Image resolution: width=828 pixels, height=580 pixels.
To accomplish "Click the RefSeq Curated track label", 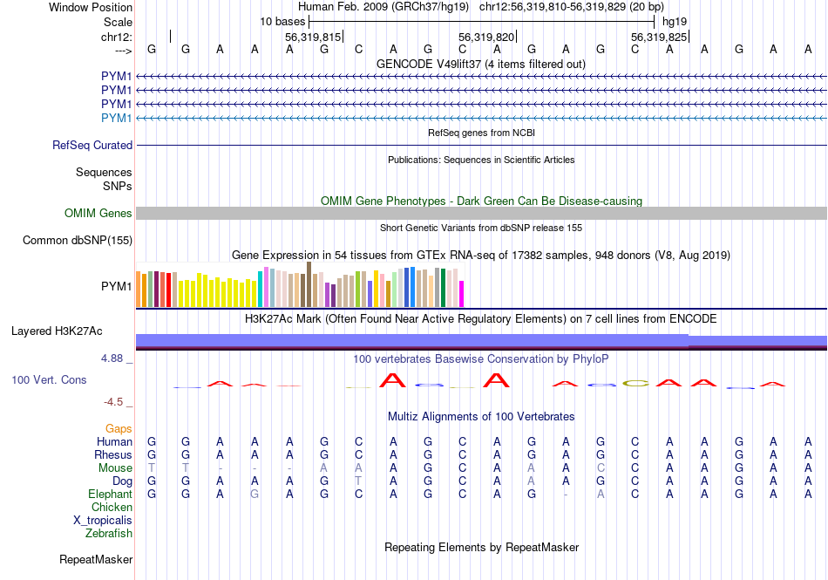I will (92, 146).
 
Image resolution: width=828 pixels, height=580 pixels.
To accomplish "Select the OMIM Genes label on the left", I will (98, 214).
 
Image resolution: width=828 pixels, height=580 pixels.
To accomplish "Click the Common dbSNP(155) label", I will (78, 241).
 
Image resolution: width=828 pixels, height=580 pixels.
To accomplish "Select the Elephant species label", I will (110, 495).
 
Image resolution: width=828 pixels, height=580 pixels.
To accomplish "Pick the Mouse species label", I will (115, 468).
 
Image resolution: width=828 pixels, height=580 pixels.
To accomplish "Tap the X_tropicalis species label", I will (103, 521).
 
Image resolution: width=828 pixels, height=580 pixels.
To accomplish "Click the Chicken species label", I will (112, 508).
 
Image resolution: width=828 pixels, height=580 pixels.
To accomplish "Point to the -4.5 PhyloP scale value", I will (114, 402).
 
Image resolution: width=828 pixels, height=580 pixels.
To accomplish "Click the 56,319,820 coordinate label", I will (486, 38).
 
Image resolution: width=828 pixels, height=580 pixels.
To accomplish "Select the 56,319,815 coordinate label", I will (313, 38).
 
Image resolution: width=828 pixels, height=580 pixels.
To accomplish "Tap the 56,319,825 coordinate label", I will (659, 38).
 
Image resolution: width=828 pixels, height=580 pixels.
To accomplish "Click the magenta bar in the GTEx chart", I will (462, 293).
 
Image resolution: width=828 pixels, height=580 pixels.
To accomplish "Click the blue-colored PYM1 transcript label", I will (117, 119).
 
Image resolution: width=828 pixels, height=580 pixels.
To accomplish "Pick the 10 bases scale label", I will (282, 21).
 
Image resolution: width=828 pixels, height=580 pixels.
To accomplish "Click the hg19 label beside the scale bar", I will (675, 21).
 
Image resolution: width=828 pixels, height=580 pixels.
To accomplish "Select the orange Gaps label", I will (119, 429).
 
